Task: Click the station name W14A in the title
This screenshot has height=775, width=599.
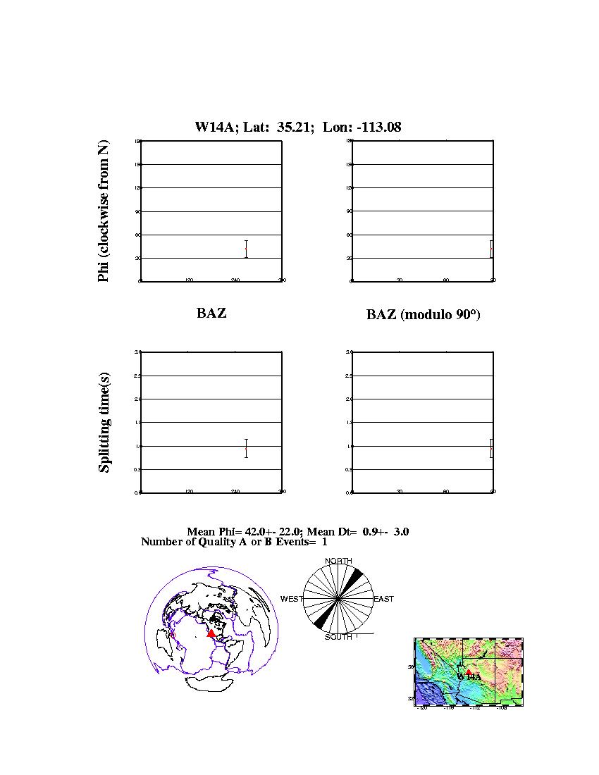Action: (x=215, y=128)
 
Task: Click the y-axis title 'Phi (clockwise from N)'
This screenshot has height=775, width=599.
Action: (x=104, y=211)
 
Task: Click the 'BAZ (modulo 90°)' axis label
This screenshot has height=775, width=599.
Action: (x=423, y=315)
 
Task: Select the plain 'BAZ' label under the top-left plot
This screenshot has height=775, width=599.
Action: (x=211, y=313)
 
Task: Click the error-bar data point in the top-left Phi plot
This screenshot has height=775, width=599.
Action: (x=246, y=249)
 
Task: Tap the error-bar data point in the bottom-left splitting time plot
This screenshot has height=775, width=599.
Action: (x=246, y=448)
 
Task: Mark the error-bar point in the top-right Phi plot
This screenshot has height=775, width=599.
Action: (x=491, y=249)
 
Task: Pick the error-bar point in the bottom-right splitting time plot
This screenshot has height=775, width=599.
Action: (x=491, y=448)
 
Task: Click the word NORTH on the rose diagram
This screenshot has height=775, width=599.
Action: (x=338, y=561)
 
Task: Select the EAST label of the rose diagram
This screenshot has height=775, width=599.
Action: (x=383, y=599)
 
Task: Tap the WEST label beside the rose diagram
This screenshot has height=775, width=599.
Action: (x=292, y=599)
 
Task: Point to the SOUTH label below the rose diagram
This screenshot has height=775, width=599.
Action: (x=338, y=637)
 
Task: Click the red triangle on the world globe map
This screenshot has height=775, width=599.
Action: (x=211, y=633)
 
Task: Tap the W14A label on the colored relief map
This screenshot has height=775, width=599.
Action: (x=469, y=677)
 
